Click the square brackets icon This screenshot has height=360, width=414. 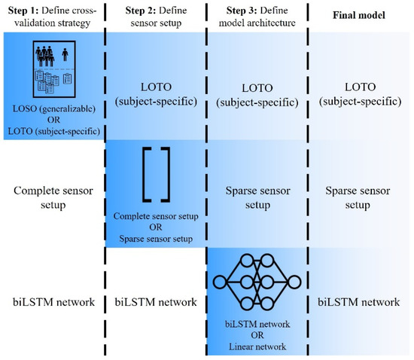tap(154, 175)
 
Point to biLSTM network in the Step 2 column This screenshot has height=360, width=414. tap(154, 302)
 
